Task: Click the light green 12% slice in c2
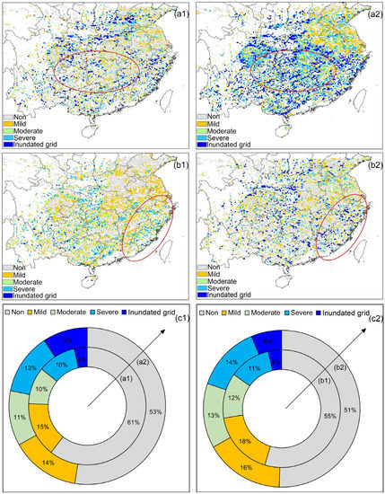coord(234,398)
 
